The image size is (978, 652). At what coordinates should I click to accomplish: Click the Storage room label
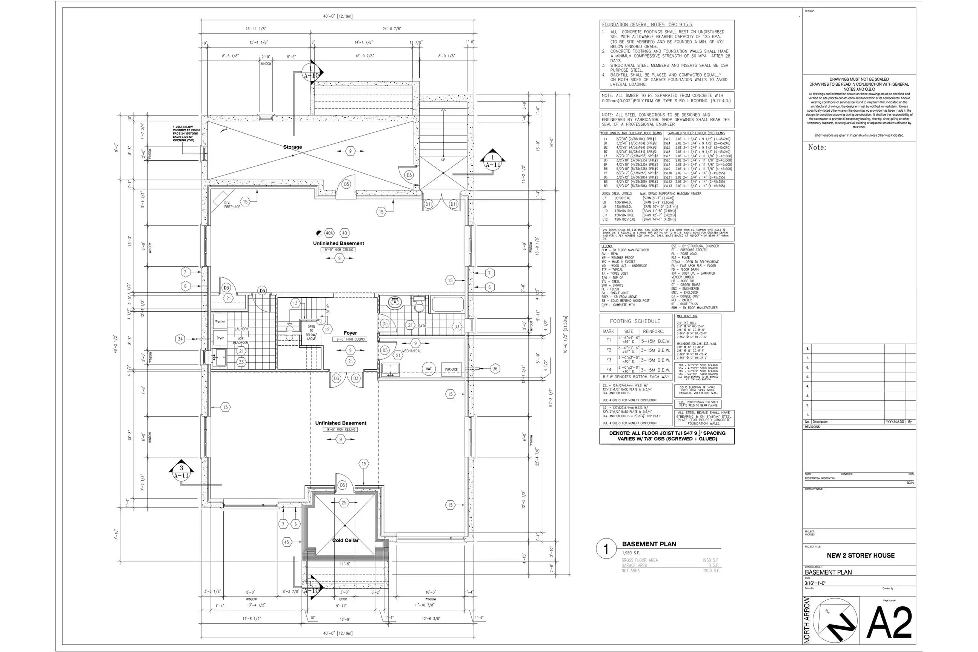pos(292,147)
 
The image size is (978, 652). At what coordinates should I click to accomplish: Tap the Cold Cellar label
pos(345,540)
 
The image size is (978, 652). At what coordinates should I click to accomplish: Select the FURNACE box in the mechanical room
pos(451,369)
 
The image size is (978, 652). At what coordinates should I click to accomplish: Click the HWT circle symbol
pos(428,369)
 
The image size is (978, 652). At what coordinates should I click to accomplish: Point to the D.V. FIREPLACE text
pos(232,205)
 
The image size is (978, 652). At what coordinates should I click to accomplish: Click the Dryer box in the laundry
pos(220,338)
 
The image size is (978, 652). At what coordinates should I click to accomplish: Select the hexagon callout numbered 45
pos(286,542)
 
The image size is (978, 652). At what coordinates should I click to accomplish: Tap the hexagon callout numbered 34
pos(180,339)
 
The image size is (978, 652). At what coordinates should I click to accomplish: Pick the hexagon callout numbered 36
pos(495,368)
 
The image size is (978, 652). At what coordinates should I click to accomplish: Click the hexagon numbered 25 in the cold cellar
pos(344,503)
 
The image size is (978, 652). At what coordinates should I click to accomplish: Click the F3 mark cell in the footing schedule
pos(608,360)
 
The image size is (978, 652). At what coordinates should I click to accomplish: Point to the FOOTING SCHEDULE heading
pos(635,321)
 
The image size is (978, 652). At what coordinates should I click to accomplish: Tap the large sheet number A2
pos(889,623)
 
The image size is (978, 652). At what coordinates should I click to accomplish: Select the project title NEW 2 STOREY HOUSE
pos(860,555)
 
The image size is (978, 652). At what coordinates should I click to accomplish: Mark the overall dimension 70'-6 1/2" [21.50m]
pos(565,335)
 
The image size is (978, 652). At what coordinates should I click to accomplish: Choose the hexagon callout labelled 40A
pos(329,233)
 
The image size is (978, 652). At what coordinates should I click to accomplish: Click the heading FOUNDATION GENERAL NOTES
pos(647,25)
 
